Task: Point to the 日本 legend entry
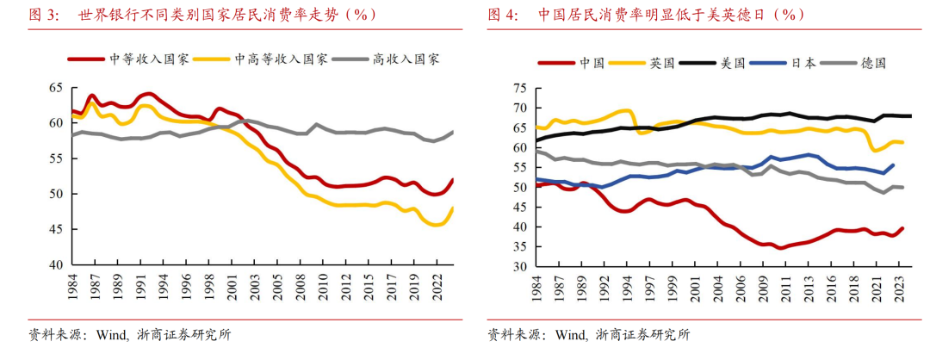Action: [803, 63]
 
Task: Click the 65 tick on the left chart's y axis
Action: [56, 88]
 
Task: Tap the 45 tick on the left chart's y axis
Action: [56, 229]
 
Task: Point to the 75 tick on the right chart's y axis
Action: [519, 89]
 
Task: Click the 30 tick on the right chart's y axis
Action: [519, 267]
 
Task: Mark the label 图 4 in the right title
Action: [502, 15]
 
